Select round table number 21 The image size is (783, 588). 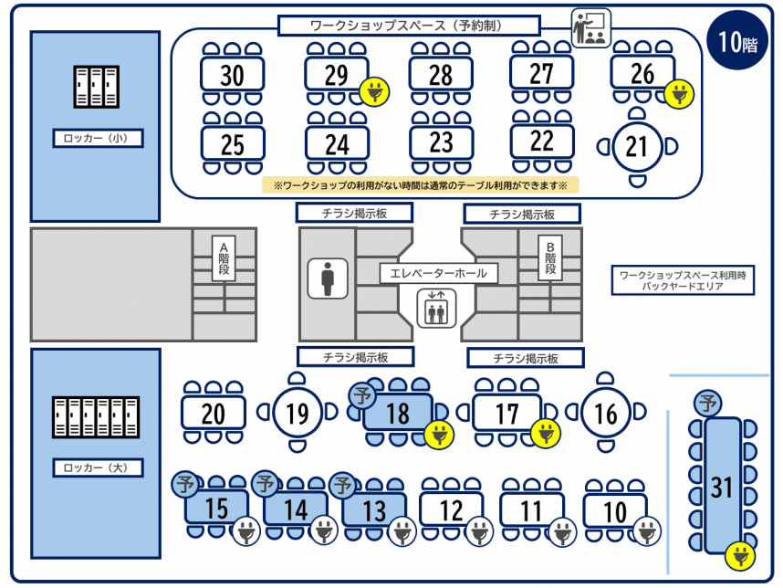coord(638,145)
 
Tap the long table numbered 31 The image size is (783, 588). coord(722,487)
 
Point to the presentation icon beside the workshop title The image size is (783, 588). coord(590,28)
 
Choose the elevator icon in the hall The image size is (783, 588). coord(436,307)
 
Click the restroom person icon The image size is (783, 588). coord(329,278)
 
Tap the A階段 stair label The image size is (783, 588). coord(223,258)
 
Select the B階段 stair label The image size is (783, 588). coord(550,258)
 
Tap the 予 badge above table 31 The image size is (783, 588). coord(706,402)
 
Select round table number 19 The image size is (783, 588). coord(297,415)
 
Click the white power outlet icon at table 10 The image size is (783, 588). coord(647,530)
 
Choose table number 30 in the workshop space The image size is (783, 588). coord(232,74)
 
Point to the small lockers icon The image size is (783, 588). coord(96,87)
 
